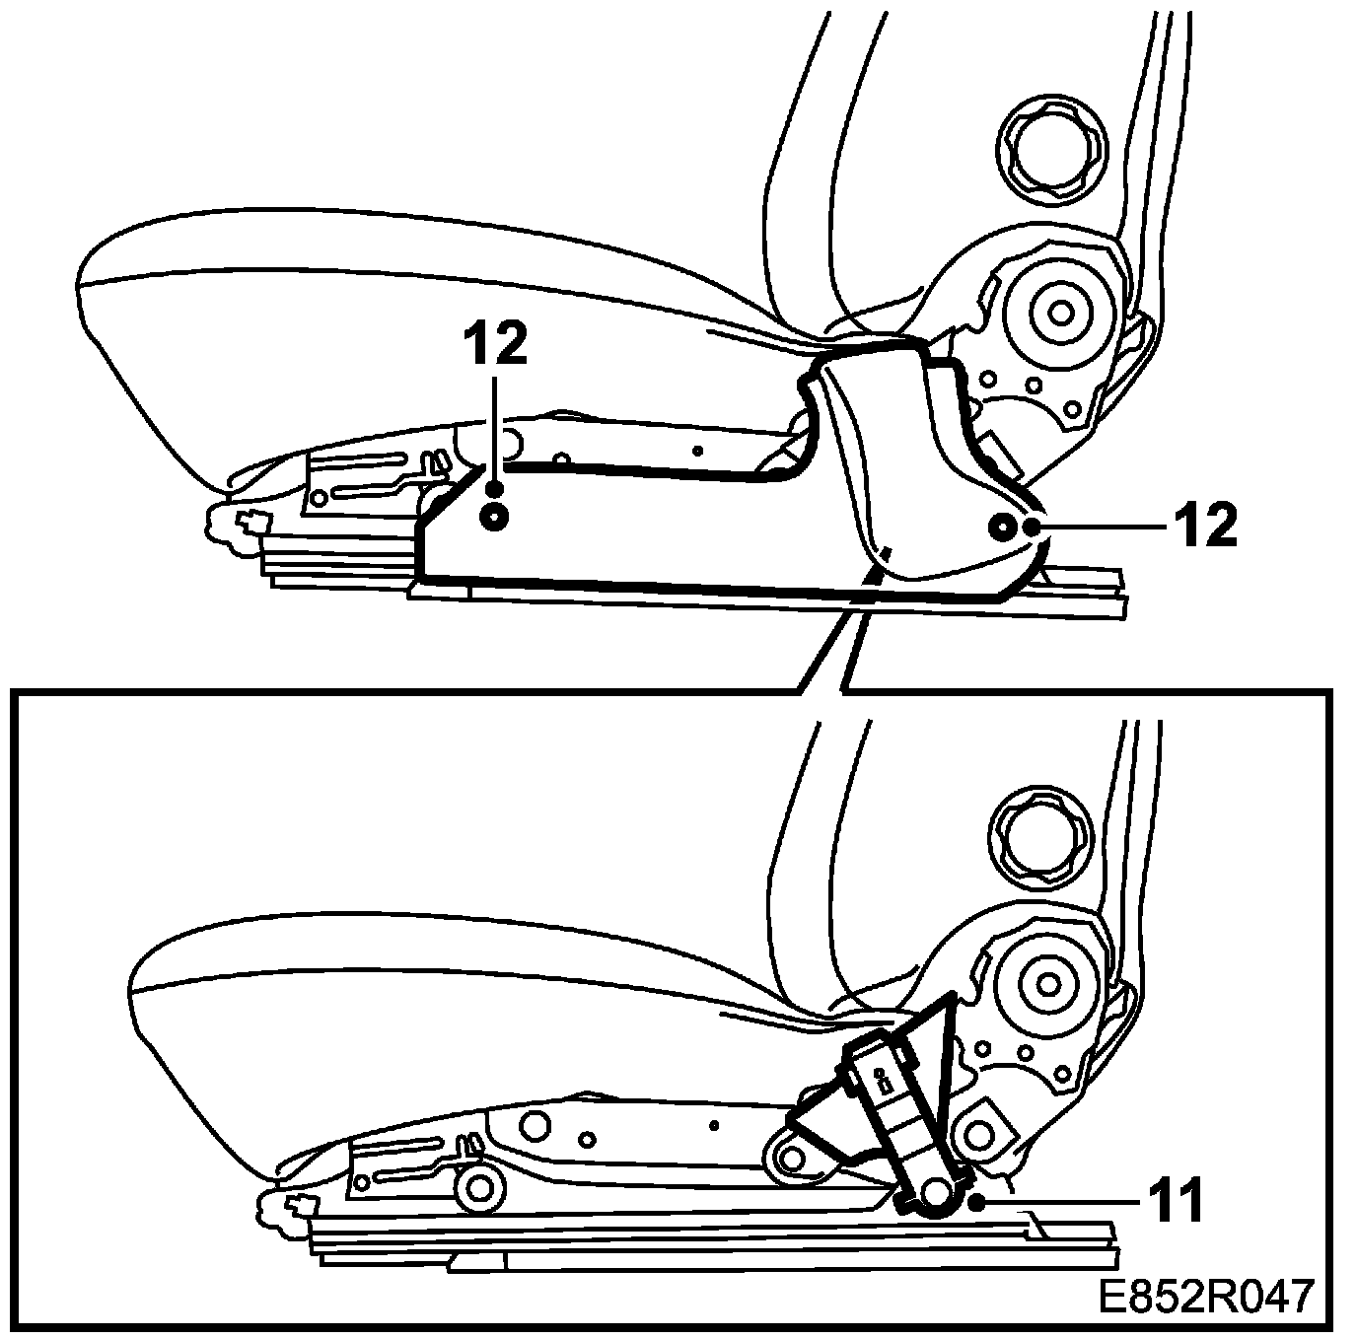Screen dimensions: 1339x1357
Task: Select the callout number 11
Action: click(x=1175, y=1201)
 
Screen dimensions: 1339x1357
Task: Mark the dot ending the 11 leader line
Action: click(x=976, y=1202)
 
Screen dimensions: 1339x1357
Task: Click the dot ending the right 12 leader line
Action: click(x=1032, y=528)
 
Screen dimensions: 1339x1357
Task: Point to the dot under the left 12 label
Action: click(x=495, y=487)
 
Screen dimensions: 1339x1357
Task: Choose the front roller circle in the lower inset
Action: click(x=480, y=1186)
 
